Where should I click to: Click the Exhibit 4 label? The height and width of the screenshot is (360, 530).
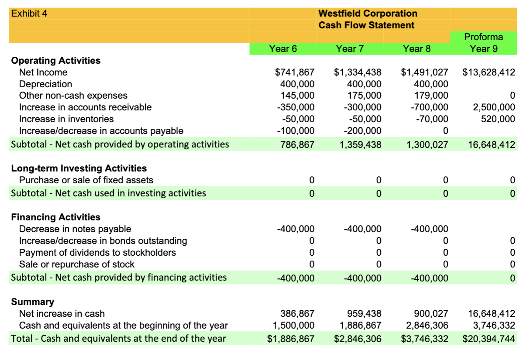point(29,13)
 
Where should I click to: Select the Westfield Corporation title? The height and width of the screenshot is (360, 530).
point(368,14)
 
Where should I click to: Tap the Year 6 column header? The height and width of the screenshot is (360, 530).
point(283,48)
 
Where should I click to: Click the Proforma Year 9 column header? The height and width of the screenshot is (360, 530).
point(483,43)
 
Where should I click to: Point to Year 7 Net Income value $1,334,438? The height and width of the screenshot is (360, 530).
point(358,72)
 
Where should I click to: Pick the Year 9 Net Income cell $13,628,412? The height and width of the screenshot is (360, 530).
point(489,72)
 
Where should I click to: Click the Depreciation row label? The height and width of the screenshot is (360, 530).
point(45,84)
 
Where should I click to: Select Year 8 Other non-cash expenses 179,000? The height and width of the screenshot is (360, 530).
point(430,96)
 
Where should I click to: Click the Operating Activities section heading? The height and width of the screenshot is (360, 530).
point(55,61)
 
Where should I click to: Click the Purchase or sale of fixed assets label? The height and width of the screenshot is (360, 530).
point(86,180)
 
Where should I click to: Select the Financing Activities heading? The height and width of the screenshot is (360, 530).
point(55,217)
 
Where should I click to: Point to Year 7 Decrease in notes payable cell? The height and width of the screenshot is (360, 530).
point(362,229)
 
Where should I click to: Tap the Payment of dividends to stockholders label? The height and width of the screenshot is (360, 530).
point(97,252)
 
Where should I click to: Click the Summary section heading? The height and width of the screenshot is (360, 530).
point(32,302)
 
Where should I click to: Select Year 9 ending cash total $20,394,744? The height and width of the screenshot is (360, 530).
point(489,339)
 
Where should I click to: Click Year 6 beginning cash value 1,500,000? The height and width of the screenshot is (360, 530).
point(293,325)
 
